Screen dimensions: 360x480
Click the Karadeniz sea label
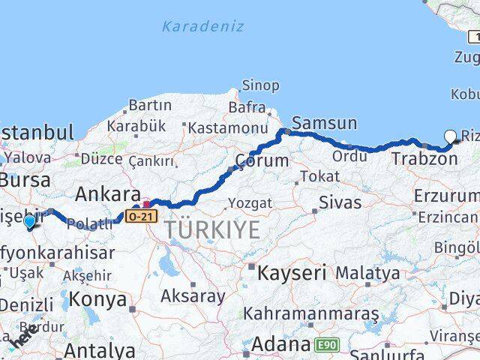pos(202,26)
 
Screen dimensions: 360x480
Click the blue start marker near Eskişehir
pos(29,222)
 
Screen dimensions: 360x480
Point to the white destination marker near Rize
pos(450,136)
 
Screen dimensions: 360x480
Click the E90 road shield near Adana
pos(325,344)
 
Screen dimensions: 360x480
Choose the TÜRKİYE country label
pos(214,230)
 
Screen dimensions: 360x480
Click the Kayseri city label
pos(292,273)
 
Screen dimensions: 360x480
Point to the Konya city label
pos(97,299)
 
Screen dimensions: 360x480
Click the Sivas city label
pos(340,202)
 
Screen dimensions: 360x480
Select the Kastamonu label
pos(228,128)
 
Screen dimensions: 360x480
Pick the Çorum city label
pos(262,160)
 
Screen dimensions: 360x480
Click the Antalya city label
pos(100,349)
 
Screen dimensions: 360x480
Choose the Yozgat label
pos(245,202)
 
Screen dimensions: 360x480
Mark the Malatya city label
pos(367,273)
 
